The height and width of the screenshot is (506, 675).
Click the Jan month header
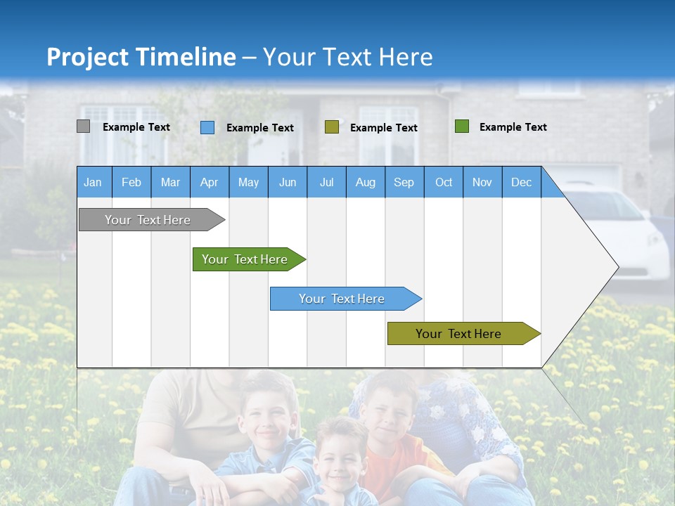pos(93,182)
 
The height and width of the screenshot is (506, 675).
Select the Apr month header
pos(209,182)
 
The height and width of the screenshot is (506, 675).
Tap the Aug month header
pos(365,182)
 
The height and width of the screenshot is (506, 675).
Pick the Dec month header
pos(521,182)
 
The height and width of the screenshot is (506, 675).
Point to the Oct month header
pos(444,182)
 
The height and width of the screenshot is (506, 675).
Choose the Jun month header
pos(288,182)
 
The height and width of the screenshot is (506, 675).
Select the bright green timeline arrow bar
pos(246,259)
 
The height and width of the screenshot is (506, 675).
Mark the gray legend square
pos(83,126)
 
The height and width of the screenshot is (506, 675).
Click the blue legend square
pos(207,127)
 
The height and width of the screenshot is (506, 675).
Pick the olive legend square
pos(332,127)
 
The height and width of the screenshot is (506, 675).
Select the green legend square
pos(461,126)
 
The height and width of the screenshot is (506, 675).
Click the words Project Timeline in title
pos(141,57)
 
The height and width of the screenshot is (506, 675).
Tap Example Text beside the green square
pos(513,127)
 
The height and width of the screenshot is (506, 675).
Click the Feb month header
pos(131,182)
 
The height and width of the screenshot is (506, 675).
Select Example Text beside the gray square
pos(136,127)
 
